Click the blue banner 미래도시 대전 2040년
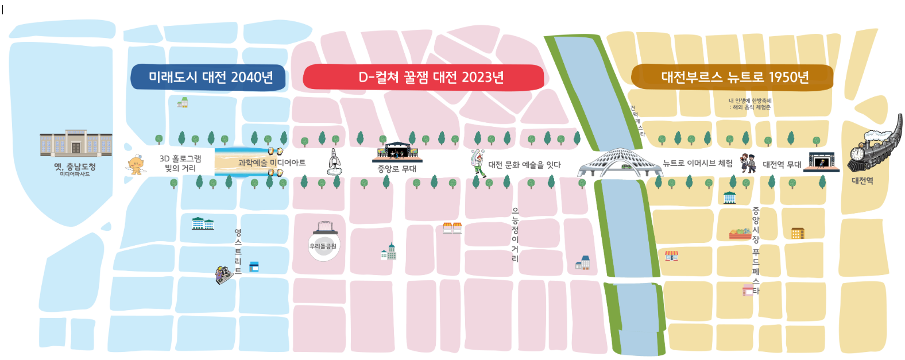208,78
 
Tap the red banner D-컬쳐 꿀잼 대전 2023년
423,78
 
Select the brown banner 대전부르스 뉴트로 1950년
732,78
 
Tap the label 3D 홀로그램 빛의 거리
180,163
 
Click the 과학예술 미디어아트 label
272,163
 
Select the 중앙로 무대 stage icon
397,152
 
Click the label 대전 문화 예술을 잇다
524,165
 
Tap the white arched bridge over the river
619,162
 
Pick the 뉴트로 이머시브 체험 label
698,164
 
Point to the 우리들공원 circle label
323,246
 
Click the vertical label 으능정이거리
515,235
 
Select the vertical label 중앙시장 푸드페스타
756,250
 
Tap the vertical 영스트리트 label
238,251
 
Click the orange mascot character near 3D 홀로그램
136,165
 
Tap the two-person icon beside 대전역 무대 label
748,163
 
